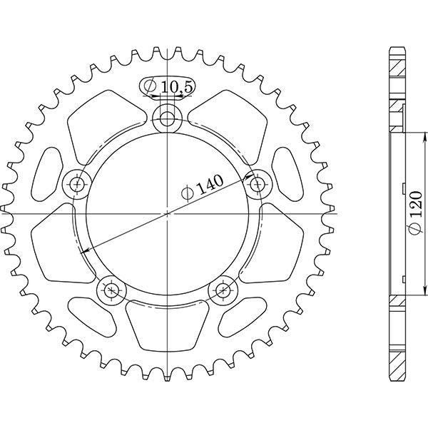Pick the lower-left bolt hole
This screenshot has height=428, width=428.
111,290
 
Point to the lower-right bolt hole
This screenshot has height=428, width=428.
223,290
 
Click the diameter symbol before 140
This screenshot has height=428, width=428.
187,195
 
